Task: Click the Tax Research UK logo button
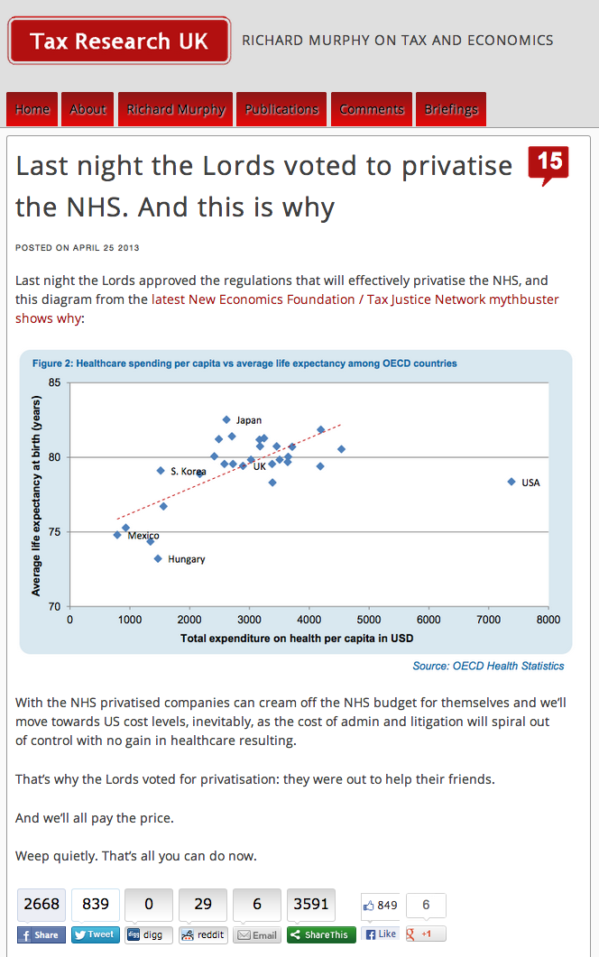[119, 41]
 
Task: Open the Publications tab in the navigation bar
[281, 109]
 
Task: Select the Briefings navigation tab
[451, 109]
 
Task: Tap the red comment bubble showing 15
[548, 163]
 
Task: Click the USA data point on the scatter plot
[511, 482]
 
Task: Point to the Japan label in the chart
[249, 420]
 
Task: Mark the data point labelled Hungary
[158, 558]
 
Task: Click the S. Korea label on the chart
[188, 471]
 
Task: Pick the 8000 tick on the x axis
[548, 621]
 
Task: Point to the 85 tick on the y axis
[55, 383]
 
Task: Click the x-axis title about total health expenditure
[297, 638]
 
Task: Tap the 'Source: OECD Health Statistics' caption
[488, 666]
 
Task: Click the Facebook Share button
[41, 934]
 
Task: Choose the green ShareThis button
[321, 934]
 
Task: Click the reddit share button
[203, 934]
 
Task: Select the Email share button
[257, 934]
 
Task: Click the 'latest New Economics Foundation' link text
[253, 299]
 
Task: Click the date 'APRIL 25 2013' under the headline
[106, 247]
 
